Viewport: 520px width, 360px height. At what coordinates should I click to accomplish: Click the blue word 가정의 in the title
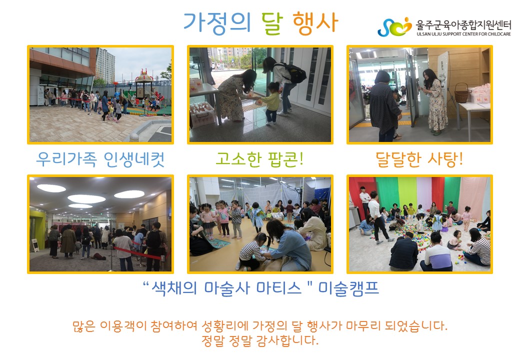pyautogui.click(x=216, y=22)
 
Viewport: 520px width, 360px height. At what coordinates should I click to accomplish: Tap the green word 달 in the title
pyautogui.click(x=272, y=22)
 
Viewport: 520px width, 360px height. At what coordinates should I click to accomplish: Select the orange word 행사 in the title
pyautogui.click(x=315, y=22)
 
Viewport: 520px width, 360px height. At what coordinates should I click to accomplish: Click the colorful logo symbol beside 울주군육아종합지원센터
pyautogui.click(x=394, y=27)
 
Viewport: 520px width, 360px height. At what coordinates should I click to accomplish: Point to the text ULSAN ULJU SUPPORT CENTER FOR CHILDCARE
pyautogui.click(x=463, y=34)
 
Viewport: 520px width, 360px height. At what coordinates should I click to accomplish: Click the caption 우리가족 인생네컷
pyautogui.click(x=100, y=159)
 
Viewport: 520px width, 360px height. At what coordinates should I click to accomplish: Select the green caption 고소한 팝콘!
pyautogui.click(x=259, y=159)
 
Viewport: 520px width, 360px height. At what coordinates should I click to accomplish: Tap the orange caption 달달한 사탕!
pyautogui.click(x=419, y=159)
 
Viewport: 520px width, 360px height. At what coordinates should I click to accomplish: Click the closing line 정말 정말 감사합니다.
pyautogui.click(x=260, y=340)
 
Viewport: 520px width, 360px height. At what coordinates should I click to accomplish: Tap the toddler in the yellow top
pyautogui.click(x=271, y=103)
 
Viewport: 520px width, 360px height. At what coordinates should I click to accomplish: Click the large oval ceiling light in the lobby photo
pyautogui.click(x=86, y=199)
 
